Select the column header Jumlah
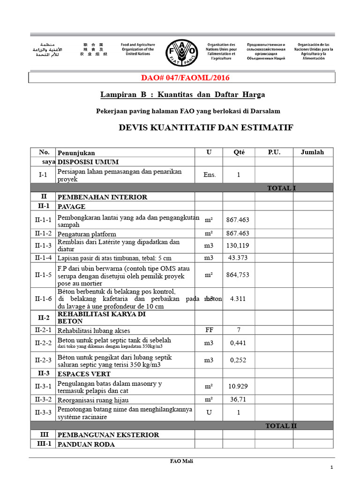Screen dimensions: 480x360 (x=312, y=152)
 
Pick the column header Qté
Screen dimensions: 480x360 (x=239, y=152)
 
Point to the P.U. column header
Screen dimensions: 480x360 (x=274, y=152)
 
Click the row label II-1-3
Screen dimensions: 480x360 (x=43, y=245)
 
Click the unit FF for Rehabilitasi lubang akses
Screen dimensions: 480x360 (x=209, y=330)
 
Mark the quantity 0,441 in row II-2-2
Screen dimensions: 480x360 (x=239, y=343)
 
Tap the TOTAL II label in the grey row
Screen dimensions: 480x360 (x=281, y=426)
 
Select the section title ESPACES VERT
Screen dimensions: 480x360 (x=84, y=374)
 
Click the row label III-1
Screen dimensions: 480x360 (x=43, y=444)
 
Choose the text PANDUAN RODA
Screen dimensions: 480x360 (x=86, y=444)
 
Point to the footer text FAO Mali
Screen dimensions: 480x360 (x=181, y=461)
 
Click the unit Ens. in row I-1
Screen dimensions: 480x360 (x=209, y=175)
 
